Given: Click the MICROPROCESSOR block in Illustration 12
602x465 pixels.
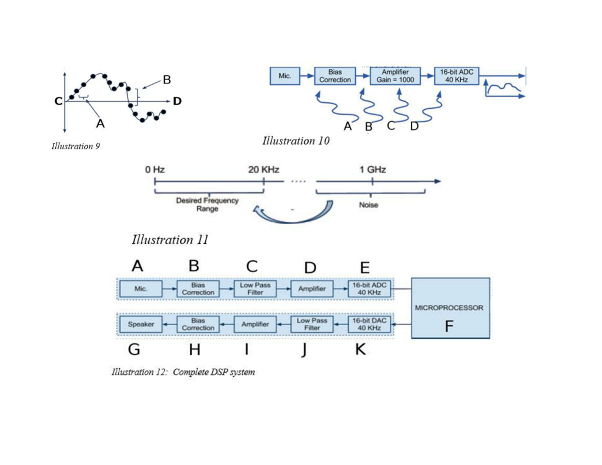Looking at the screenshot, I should tap(450, 307).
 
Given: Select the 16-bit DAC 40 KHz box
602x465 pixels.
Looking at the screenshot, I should tap(370, 324).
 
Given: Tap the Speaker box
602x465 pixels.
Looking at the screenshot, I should tap(141, 325).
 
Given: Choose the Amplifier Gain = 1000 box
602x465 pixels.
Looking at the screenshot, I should tap(395, 76).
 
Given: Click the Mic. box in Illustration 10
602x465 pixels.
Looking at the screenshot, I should tap(285, 76).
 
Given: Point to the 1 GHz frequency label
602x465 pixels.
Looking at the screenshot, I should tap(373, 169).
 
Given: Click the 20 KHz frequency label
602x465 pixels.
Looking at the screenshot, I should tap(263, 169).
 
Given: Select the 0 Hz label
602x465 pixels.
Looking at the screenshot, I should tap(155, 169).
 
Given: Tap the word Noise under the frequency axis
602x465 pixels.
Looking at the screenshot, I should tap(369, 205).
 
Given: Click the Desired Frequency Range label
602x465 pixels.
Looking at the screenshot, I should tap(208, 204).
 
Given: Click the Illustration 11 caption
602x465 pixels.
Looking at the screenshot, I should tap(170, 240).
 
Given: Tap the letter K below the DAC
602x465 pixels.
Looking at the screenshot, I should tap(361, 350).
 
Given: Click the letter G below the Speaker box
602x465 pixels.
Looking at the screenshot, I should tap(134, 350).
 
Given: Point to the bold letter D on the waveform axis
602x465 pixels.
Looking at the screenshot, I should tap(177, 101).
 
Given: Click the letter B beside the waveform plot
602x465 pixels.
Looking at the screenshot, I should tap(167, 79).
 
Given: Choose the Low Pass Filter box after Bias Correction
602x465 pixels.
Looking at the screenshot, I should tap(255, 289).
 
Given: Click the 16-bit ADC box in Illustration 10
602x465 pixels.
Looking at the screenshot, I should tap(457, 76).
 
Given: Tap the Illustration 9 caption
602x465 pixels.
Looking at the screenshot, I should tap(75, 146).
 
